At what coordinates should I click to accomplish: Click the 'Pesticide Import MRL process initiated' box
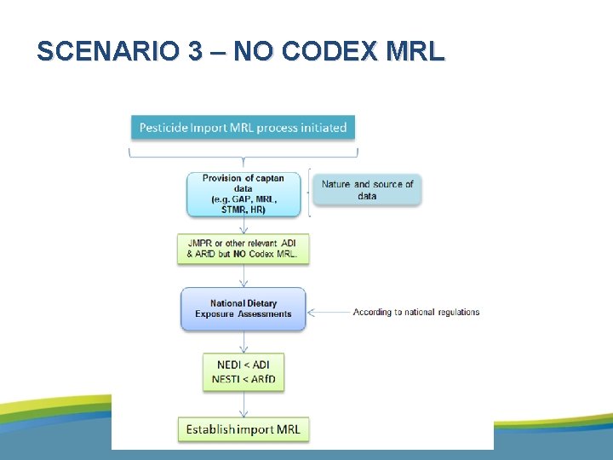point(243,128)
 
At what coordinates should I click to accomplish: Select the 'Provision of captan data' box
point(243,193)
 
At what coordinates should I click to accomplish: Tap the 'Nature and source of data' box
point(367,189)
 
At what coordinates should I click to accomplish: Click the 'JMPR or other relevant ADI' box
point(243,249)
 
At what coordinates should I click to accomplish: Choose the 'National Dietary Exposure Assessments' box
point(243,308)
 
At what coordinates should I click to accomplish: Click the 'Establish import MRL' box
point(243,429)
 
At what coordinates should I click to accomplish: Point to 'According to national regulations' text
point(416,312)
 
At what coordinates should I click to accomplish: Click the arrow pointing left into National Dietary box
point(328,313)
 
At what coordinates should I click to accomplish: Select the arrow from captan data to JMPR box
point(243,225)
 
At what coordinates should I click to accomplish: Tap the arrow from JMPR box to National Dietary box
point(243,276)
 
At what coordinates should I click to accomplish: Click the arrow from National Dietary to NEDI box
point(243,341)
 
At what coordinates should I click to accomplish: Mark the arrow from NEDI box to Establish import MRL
point(243,405)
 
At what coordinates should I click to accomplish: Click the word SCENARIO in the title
point(107,52)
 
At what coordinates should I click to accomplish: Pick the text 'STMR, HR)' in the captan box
point(243,210)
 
